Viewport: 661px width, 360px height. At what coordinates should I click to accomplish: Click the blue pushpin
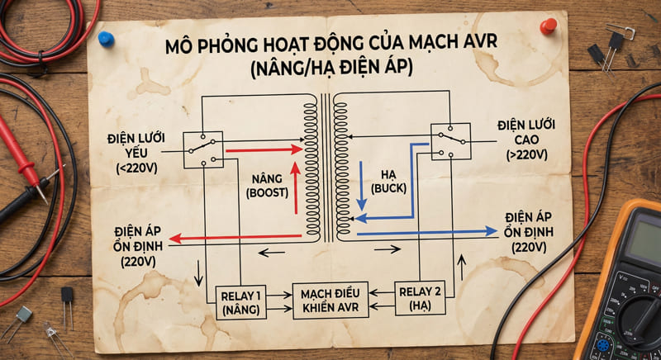(106, 39)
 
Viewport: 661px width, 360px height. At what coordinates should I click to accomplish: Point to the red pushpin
(548, 27)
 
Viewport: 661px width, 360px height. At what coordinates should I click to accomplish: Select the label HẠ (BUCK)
(391, 182)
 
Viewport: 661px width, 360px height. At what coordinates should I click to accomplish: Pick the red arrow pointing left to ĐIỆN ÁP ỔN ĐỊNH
(235, 238)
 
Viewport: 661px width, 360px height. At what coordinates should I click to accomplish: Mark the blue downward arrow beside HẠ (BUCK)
(361, 185)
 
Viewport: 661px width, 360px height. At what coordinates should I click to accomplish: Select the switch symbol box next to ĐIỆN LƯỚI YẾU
(202, 149)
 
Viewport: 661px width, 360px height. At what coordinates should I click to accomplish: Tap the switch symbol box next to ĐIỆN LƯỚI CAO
(450, 141)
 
